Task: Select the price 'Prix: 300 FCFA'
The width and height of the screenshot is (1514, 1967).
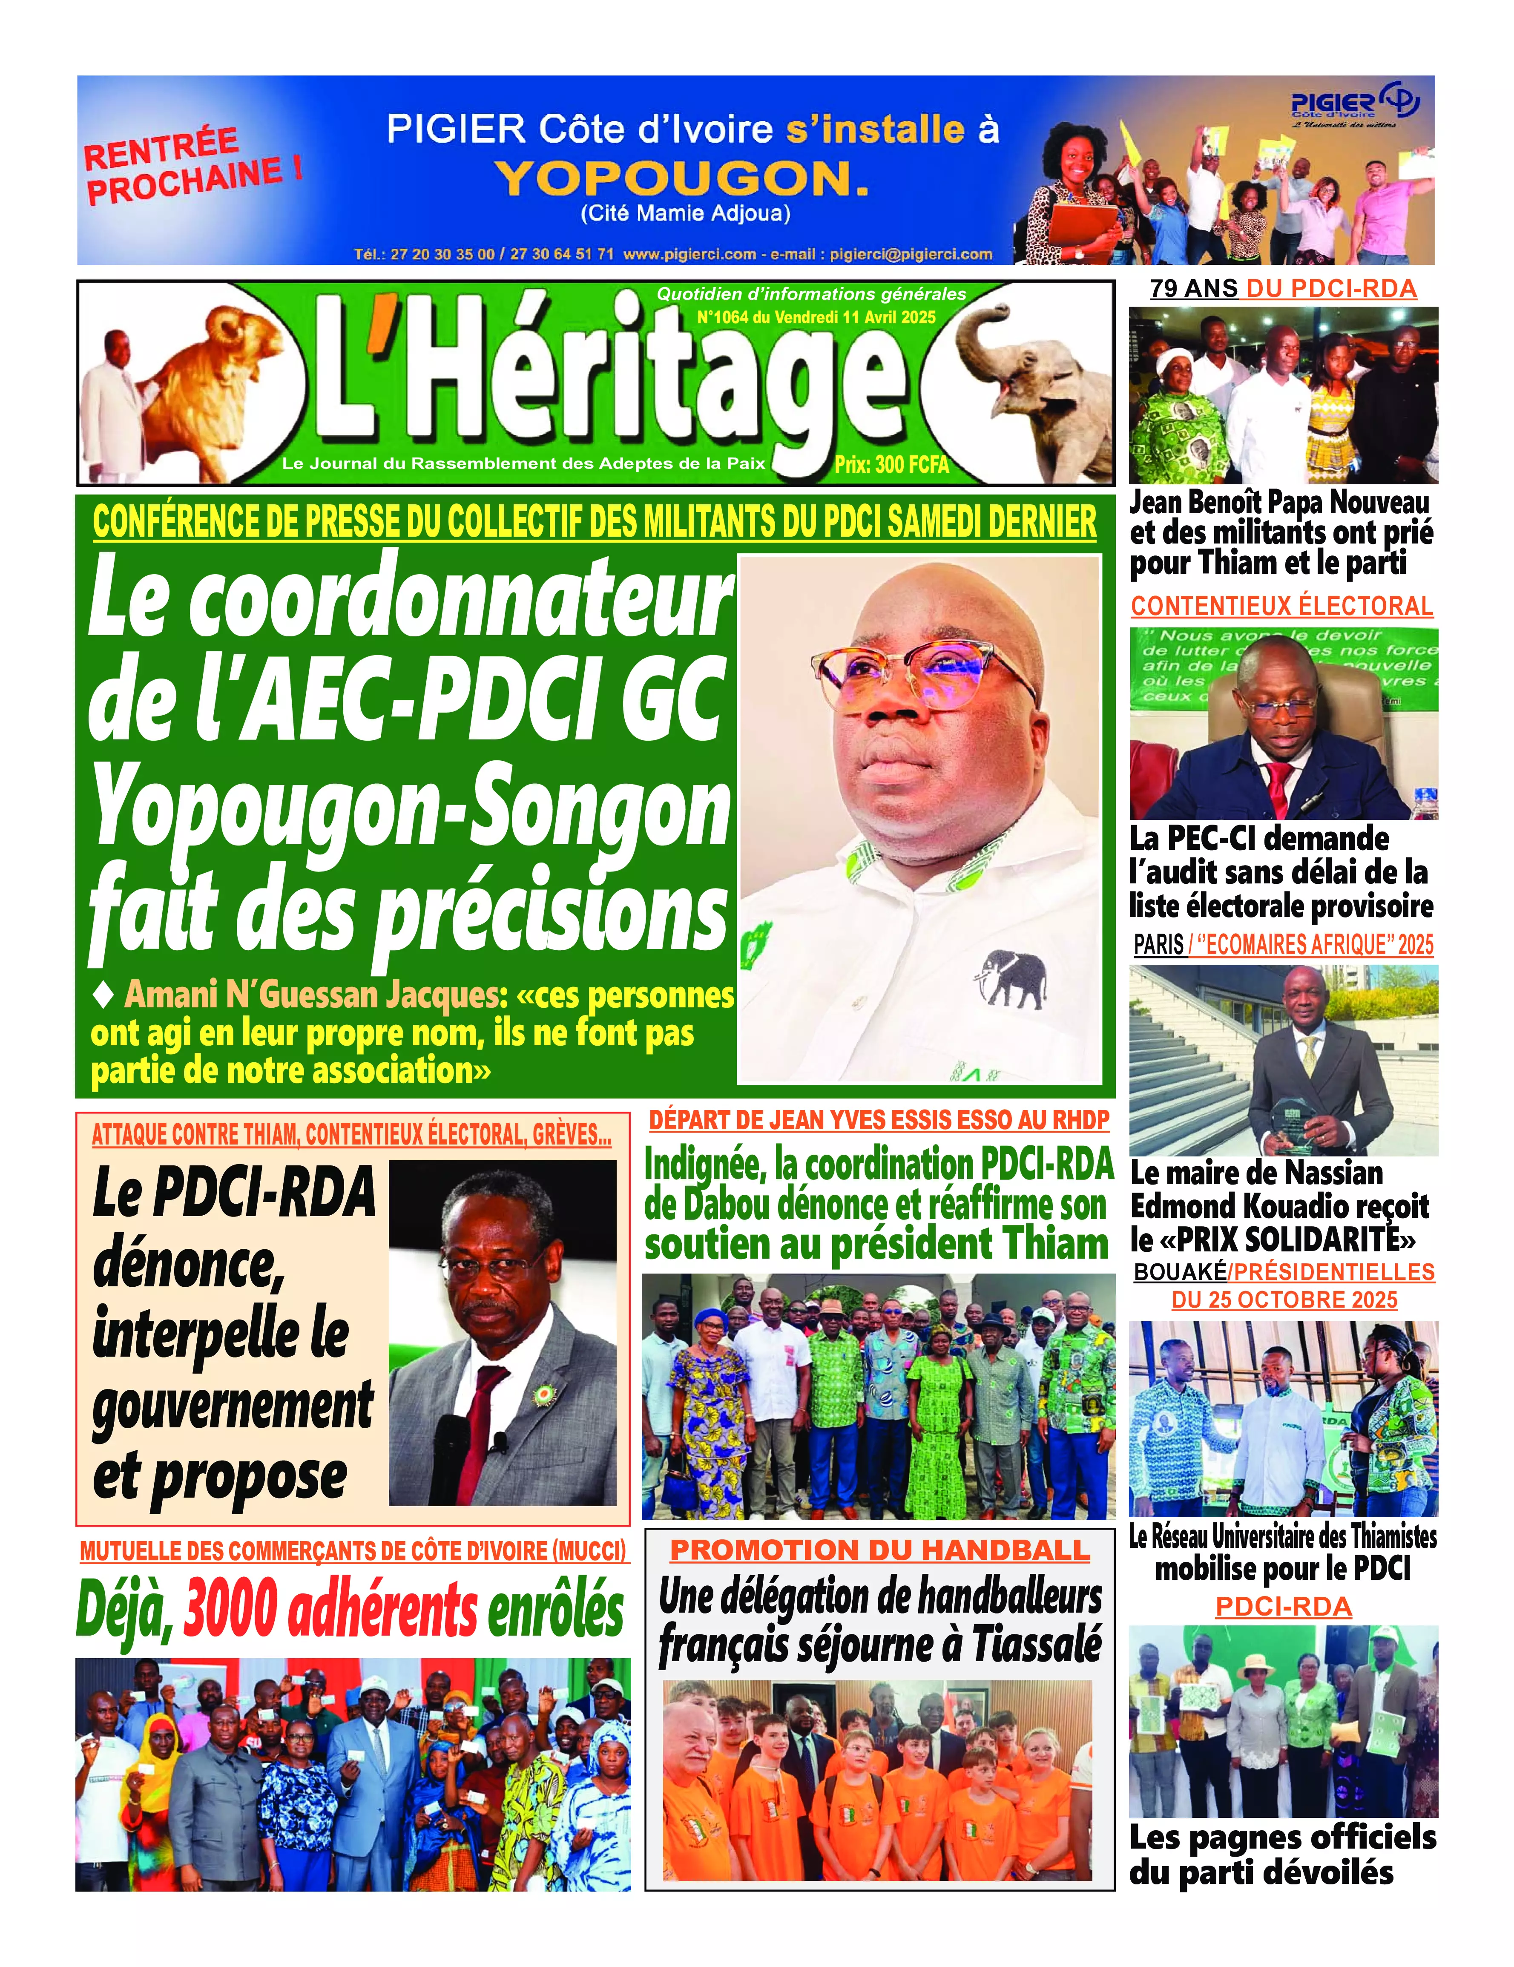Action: point(892,465)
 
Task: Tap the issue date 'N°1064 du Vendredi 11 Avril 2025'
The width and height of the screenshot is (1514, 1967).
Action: point(816,317)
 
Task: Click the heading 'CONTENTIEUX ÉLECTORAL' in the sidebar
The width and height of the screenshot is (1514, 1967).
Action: point(1281,606)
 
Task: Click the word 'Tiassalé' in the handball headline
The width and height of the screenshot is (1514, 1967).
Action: point(1036,1645)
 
